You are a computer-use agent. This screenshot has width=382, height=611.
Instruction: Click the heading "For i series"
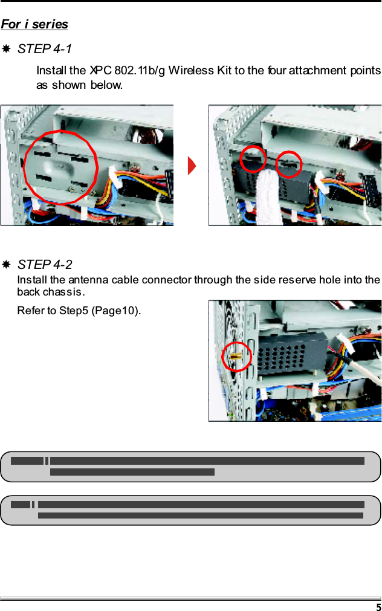tap(34, 24)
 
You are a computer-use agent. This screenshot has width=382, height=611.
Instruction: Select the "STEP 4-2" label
tap(45, 265)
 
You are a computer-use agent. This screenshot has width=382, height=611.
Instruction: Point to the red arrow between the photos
tap(192, 166)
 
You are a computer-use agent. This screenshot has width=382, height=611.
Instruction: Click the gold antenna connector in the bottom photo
tap(236, 357)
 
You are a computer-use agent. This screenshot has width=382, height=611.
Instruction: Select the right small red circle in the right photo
tap(289, 164)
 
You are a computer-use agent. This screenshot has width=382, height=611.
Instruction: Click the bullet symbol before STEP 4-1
tap(5, 48)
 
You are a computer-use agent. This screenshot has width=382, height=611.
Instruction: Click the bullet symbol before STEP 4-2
tap(5, 265)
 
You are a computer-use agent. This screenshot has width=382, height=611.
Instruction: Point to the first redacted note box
tap(190, 467)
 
